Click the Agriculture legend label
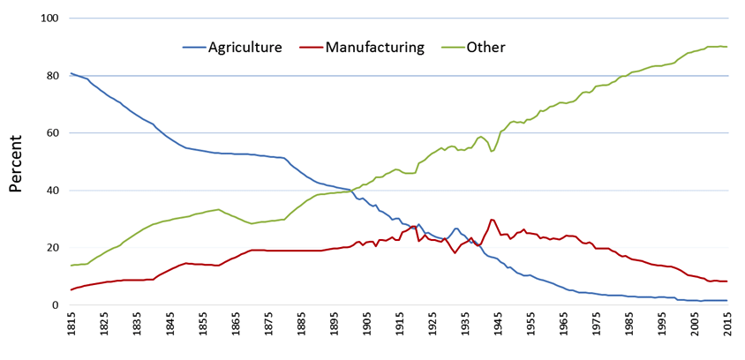(245, 47)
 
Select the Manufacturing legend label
(375, 47)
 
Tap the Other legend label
(485, 47)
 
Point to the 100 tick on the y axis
(49, 19)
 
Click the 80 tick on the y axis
(52, 76)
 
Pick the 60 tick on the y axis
(52, 133)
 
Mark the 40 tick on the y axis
(52, 191)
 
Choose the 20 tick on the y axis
(52, 248)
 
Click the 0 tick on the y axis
(56, 305)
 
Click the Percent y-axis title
(16, 162)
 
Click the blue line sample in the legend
(193, 47)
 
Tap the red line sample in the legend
(312, 47)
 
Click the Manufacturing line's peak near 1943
(492, 220)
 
